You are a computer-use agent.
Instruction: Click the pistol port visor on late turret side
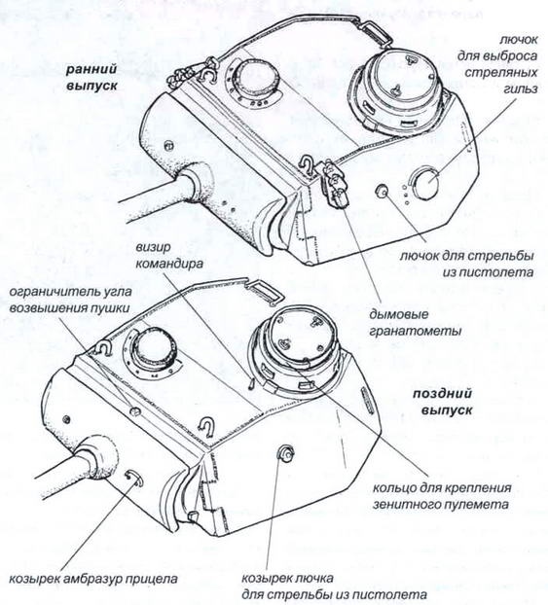(x=287, y=450)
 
